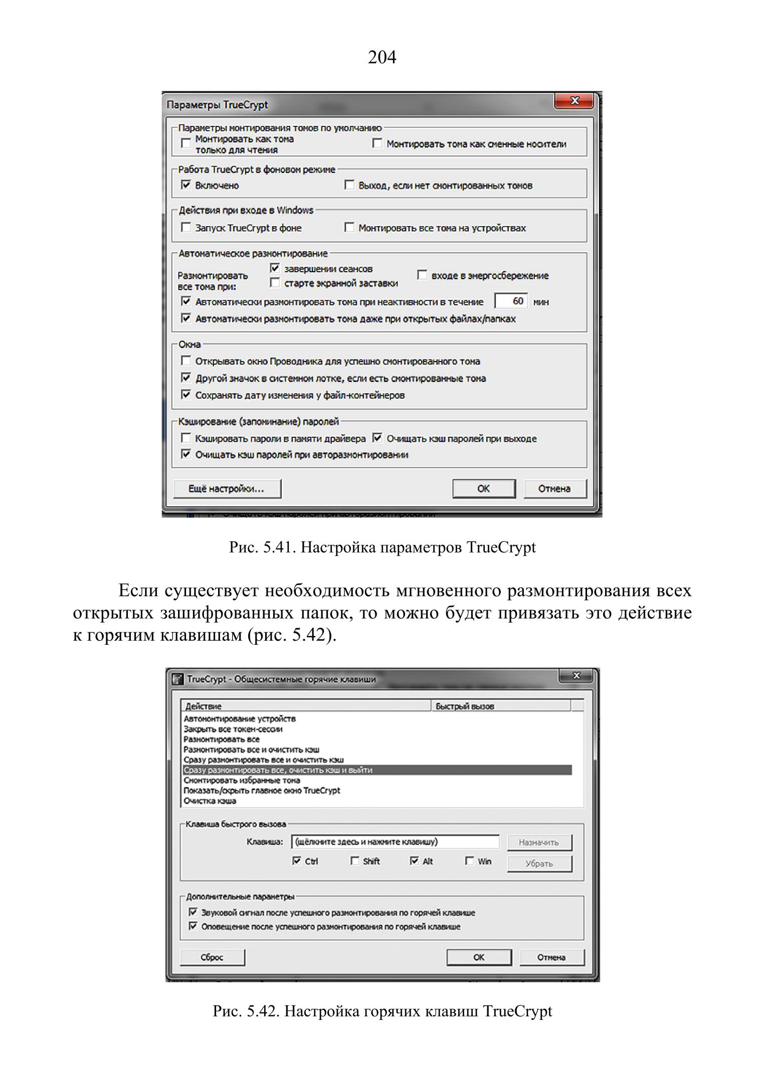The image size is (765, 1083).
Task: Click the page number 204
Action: point(382,58)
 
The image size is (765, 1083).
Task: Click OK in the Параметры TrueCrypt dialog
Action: point(483,488)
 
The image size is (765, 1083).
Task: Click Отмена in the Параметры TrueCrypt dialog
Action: point(554,488)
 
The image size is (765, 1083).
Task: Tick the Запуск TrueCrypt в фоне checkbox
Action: point(186,228)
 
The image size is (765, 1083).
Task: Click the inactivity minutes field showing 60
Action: point(511,301)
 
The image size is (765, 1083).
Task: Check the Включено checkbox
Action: point(186,185)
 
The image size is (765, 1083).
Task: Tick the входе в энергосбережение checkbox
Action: point(422,275)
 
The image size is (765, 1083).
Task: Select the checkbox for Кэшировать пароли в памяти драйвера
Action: point(186,438)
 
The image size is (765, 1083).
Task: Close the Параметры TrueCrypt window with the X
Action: point(574,101)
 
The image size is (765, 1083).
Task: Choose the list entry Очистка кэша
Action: point(210,801)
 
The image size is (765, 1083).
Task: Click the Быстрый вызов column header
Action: point(500,706)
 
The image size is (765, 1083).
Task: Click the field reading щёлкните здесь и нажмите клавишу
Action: point(395,842)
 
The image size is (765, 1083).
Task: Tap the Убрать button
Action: point(539,863)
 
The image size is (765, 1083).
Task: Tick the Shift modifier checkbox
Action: point(355,861)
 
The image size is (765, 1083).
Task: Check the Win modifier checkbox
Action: point(469,861)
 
